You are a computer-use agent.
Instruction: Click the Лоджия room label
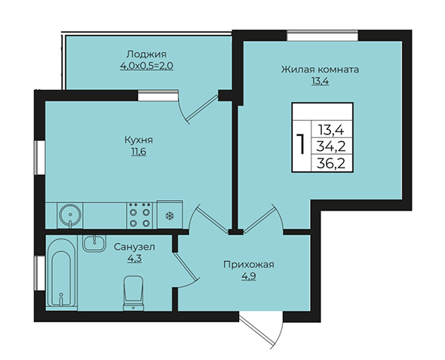146,54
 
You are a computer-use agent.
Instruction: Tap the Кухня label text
139,140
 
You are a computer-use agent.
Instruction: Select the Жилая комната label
320,69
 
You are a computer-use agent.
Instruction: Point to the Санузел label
134,247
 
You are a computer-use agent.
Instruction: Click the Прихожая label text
249,265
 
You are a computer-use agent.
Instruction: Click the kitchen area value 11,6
139,152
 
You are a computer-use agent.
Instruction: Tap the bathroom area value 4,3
134,259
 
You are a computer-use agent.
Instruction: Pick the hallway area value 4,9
249,276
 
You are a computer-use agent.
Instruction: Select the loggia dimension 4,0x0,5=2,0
146,66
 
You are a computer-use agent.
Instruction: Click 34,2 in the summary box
331,147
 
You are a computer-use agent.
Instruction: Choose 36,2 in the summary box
331,164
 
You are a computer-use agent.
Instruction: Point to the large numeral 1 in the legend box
302,144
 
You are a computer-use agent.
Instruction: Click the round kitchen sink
70,215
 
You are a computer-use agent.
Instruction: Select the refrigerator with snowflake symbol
170,214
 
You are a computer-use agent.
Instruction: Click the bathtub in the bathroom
61,273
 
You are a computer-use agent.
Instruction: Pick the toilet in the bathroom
133,294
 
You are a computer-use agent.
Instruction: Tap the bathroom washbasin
94,243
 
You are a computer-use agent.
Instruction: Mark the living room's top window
322,35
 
